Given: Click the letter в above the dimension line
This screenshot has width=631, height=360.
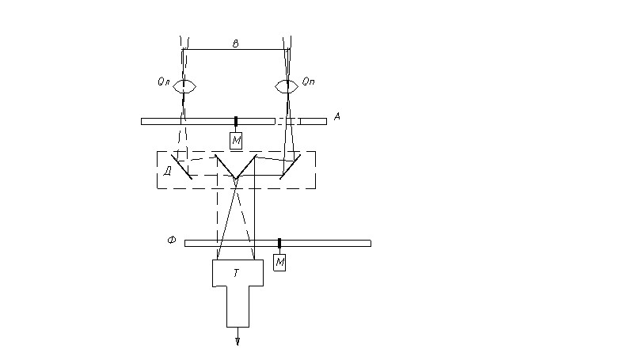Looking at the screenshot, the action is [x=235, y=44].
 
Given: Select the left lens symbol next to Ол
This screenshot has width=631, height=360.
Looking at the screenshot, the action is [x=184, y=86].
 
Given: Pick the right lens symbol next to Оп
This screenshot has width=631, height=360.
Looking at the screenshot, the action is [x=287, y=86].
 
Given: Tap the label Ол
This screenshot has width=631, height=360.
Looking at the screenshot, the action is [x=163, y=82].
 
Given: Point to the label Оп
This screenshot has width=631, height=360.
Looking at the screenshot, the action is [x=308, y=81].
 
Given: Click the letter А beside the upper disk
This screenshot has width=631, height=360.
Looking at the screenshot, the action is [x=337, y=116].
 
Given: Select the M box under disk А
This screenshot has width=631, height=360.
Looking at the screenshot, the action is [x=236, y=141].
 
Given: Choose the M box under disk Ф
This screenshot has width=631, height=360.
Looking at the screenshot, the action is [x=279, y=263].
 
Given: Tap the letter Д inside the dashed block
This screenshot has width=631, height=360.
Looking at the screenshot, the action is [x=168, y=172].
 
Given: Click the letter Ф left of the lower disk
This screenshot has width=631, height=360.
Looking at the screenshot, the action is [x=172, y=241].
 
